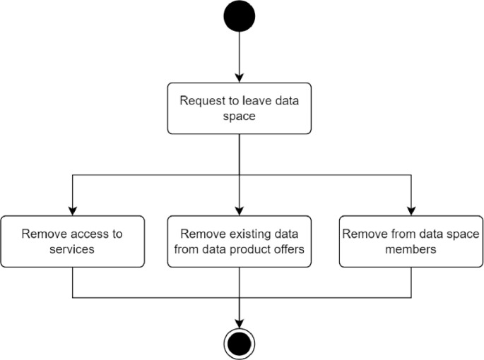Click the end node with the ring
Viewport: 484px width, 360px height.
click(240, 344)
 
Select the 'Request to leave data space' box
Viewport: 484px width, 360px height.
click(240, 108)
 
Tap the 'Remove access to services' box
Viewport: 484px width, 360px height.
click(73, 241)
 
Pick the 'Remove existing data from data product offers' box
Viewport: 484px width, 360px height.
click(240, 241)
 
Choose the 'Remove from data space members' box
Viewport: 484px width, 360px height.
click(411, 241)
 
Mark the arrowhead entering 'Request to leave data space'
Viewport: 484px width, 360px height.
click(240, 78)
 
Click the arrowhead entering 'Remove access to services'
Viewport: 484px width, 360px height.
click(73, 211)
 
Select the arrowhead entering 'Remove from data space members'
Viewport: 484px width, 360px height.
click(411, 211)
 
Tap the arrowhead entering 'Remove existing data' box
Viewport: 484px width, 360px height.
click(240, 211)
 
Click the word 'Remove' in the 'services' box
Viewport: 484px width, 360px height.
click(42, 234)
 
